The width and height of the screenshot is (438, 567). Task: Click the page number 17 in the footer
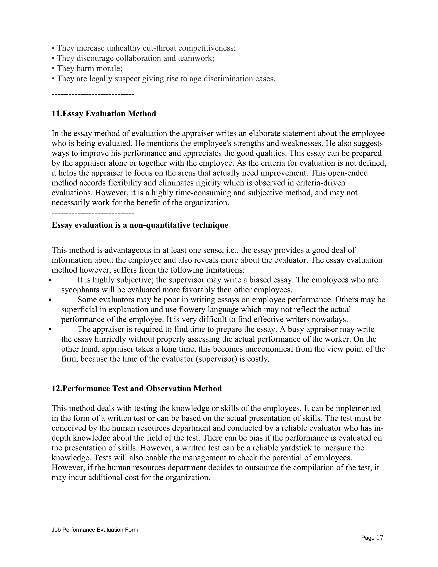click(x=380, y=537)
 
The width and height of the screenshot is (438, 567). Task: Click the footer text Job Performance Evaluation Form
click(x=95, y=530)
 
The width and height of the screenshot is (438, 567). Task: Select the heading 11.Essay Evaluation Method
click(x=104, y=114)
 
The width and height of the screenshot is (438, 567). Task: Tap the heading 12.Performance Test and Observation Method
click(x=137, y=388)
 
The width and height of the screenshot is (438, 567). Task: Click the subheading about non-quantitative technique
click(x=140, y=225)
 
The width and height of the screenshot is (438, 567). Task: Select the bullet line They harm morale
click(x=87, y=68)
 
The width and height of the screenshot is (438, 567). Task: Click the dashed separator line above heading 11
click(x=93, y=94)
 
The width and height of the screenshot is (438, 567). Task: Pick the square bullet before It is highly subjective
click(x=50, y=280)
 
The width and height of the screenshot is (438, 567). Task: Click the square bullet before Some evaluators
click(x=50, y=300)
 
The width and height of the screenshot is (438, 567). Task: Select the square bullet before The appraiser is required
click(x=50, y=330)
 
